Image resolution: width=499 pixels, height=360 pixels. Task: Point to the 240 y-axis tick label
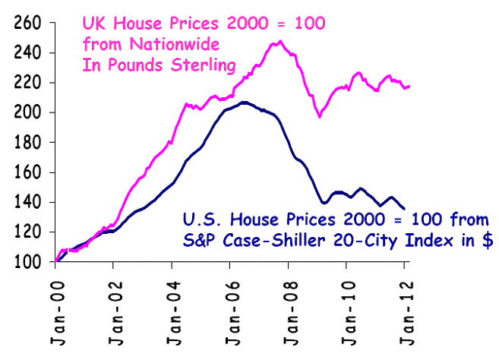click(27, 53)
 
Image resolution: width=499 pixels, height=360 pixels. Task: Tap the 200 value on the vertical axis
click(27, 112)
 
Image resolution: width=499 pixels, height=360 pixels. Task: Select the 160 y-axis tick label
click(27, 172)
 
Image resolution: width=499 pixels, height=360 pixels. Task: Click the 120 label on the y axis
click(27, 232)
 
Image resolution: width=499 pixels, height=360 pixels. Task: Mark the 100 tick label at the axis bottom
click(27, 262)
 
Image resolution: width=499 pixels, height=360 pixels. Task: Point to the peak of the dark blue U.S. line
click(244, 102)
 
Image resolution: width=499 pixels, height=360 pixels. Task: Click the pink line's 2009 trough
click(320, 116)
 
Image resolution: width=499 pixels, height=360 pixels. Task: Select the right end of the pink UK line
click(410, 86)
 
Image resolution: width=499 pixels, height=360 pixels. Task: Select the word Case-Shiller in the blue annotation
click(288, 241)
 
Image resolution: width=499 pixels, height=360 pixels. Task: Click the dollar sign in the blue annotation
click(486, 241)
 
